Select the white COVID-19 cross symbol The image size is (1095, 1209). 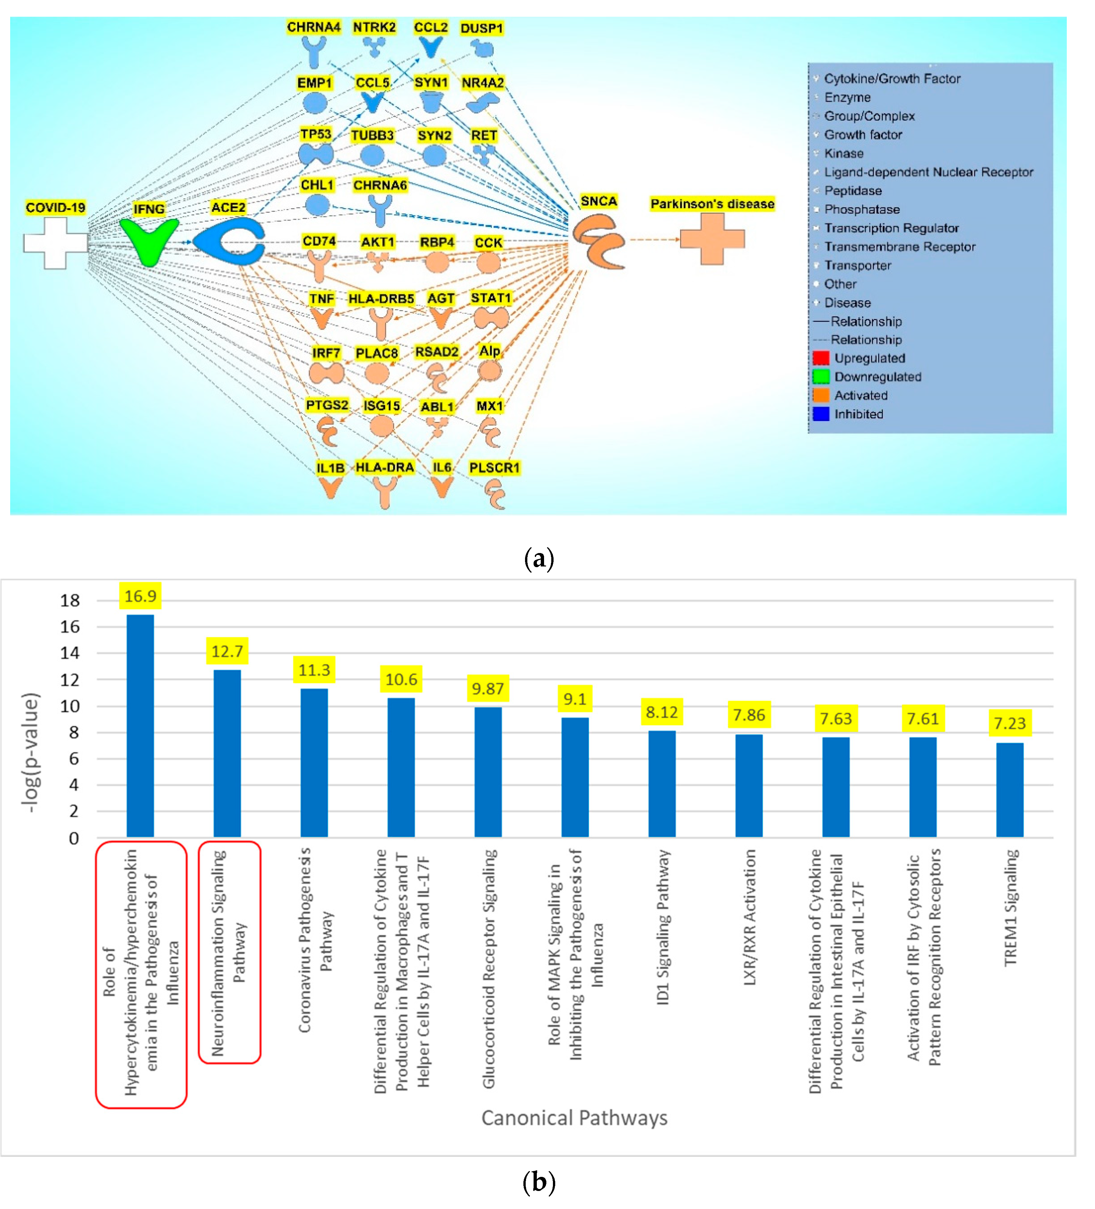click(55, 243)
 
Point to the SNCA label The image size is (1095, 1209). click(598, 201)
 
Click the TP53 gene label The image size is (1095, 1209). click(315, 134)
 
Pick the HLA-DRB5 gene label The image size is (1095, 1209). click(381, 298)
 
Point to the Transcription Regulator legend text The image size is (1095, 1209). click(891, 228)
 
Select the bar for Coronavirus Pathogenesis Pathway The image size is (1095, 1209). click(314, 763)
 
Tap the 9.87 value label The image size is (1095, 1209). click(487, 688)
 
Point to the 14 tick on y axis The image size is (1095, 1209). click(70, 653)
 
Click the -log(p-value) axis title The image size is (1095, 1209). click(30, 753)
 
